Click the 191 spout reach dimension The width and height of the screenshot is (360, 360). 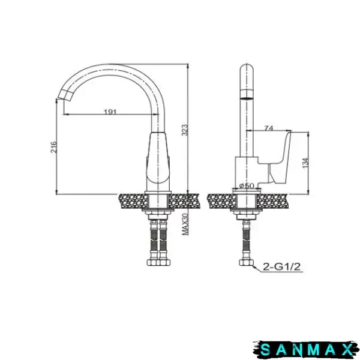click(x=110, y=112)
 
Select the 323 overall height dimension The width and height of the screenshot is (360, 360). click(x=185, y=130)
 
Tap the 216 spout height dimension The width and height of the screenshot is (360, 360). click(x=53, y=147)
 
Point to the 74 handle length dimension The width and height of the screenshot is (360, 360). click(x=269, y=128)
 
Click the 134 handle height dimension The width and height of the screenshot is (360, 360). click(x=305, y=163)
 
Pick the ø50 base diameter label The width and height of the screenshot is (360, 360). click(x=247, y=185)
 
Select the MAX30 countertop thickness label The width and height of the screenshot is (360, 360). click(x=185, y=224)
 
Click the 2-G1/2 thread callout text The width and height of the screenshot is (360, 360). click(x=281, y=267)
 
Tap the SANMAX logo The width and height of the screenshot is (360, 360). click(x=306, y=350)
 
